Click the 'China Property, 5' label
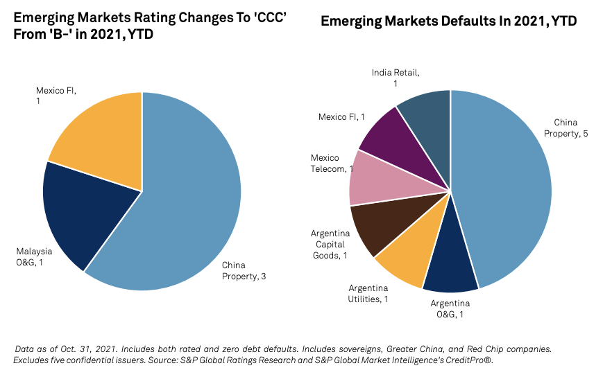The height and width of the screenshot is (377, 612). (x=571, y=128)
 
